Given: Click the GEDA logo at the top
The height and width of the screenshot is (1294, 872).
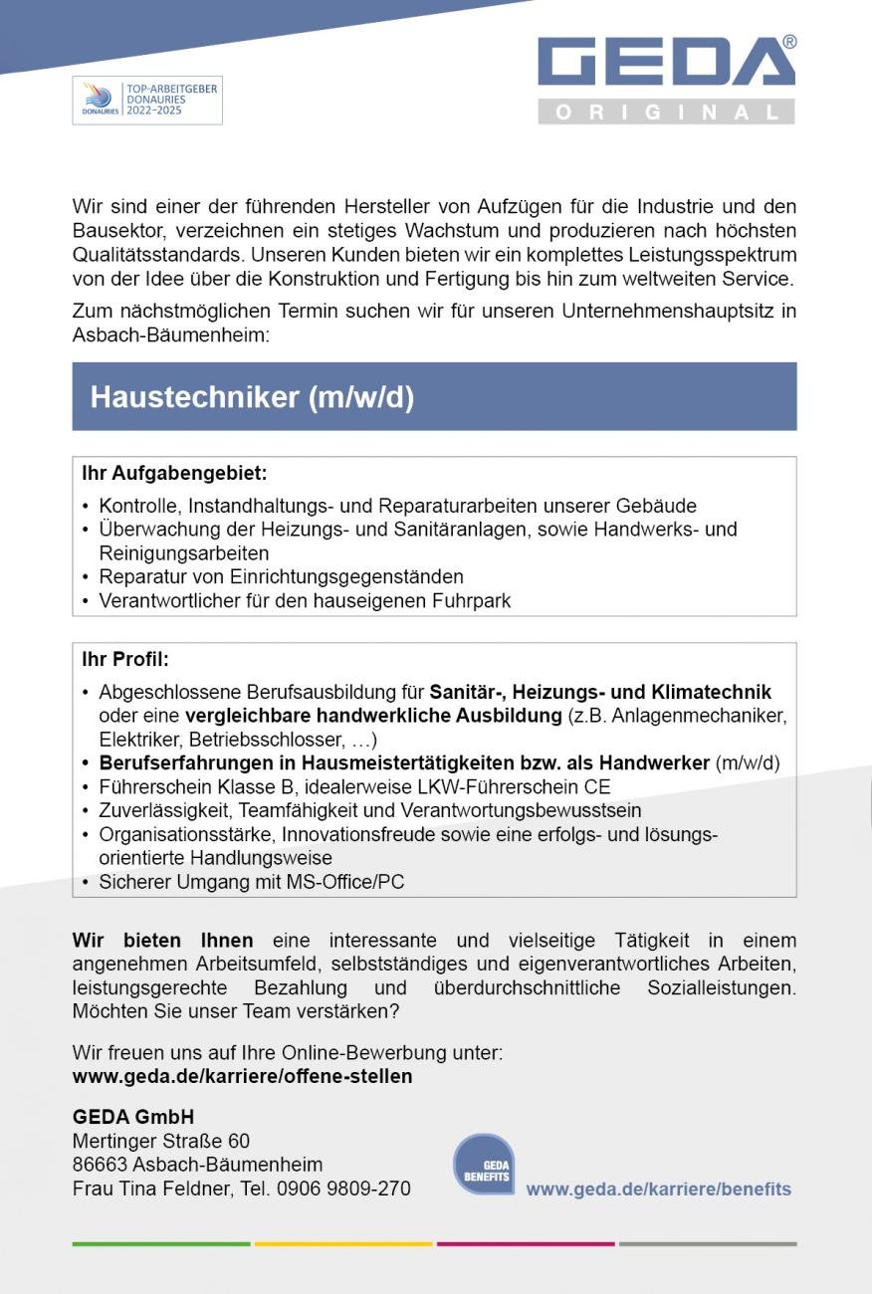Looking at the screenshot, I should click(x=665, y=62).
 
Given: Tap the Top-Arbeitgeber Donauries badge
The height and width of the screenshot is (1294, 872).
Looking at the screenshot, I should click(x=147, y=101).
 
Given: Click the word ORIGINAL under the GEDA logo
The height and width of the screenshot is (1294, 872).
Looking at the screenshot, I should click(x=666, y=112).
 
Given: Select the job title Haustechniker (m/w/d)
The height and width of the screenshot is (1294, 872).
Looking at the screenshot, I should click(x=252, y=397).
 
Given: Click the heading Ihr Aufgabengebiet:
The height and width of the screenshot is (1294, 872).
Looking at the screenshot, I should click(x=174, y=474).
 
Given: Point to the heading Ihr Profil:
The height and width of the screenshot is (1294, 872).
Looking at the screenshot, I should click(x=125, y=660).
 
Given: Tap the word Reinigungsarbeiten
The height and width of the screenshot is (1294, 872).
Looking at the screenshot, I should click(x=184, y=553).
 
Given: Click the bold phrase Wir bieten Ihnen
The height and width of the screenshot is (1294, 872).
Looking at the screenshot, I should click(x=162, y=941).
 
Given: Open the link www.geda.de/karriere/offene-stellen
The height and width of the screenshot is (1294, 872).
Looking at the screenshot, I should click(x=242, y=1077).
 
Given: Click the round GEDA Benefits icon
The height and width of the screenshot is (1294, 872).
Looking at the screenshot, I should click(x=485, y=1165).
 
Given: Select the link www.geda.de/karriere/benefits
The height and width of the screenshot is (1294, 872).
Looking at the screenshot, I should click(x=658, y=1189).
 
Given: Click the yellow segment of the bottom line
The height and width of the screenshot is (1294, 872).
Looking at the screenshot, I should click(x=343, y=1243).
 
